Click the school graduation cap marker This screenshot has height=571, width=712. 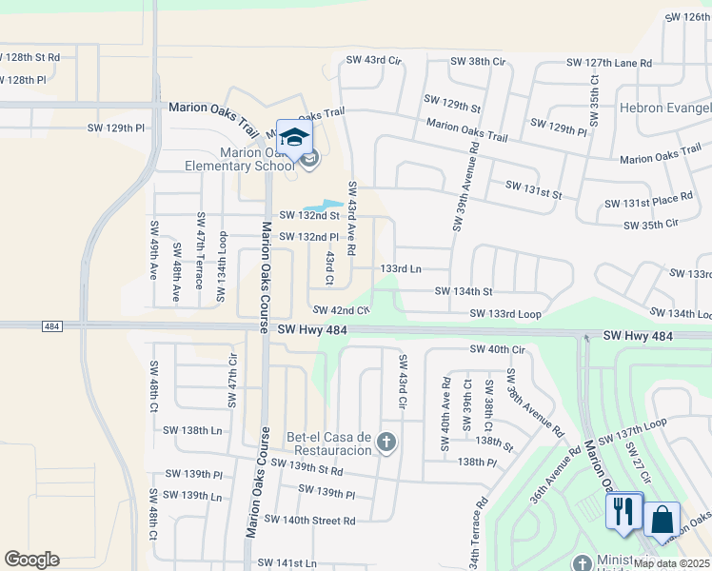[295, 135]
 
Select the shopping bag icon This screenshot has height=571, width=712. [662, 520]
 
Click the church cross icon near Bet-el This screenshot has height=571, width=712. [386, 442]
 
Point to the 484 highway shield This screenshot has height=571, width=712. [53, 325]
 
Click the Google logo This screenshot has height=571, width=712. [31, 560]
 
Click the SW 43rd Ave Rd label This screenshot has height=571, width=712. [351, 218]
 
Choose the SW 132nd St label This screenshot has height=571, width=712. [308, 218]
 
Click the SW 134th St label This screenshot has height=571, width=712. [464, 291]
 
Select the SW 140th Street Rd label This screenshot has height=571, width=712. [309, 521]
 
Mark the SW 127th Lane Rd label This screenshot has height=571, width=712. [609, 63]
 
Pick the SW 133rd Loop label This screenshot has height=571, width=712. [504, 313]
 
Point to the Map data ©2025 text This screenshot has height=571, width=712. [672, 563]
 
